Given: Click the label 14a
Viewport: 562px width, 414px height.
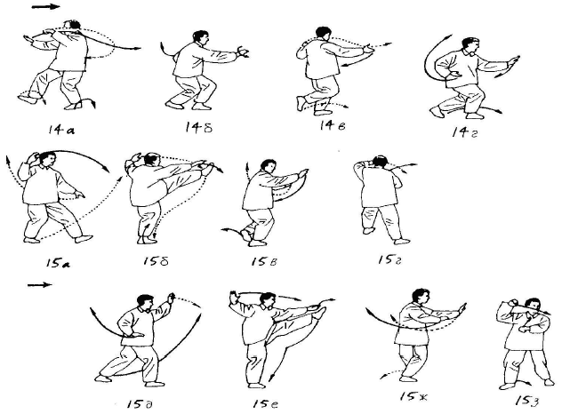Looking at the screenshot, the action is pos(61,130).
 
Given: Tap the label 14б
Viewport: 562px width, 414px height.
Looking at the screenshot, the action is pos(198,127).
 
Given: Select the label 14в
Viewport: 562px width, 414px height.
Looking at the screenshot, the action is pos(333,125).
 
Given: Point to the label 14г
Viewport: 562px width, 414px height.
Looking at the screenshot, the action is pos(465,132).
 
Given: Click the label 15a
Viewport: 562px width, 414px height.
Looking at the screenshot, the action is pos(58,263).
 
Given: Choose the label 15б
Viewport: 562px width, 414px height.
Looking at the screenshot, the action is pos(156,260).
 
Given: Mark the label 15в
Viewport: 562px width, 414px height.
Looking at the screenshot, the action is pos(264,261).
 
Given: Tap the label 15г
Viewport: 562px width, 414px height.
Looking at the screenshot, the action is pos(389,259).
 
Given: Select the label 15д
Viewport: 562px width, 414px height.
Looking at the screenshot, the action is pos(140,404).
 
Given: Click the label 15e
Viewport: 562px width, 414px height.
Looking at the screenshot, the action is pos(265,404).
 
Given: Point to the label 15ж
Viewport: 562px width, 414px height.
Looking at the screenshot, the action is pos(414,396).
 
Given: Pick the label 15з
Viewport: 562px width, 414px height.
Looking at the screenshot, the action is pos(526,401).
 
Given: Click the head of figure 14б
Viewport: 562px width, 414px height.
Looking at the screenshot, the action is pos(200,37).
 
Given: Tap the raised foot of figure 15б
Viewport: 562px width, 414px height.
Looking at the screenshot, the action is pos(207,168).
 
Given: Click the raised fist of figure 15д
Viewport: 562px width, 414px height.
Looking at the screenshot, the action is pos(172,297).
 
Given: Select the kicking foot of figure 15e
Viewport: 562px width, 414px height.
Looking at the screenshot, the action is pos(320,312).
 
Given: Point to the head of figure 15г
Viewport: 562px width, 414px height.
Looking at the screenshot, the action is pos(380,161).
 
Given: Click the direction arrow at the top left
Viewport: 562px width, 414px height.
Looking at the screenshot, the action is pos(45,7).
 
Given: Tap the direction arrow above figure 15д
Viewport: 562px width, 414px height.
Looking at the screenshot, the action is pos(40,284).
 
